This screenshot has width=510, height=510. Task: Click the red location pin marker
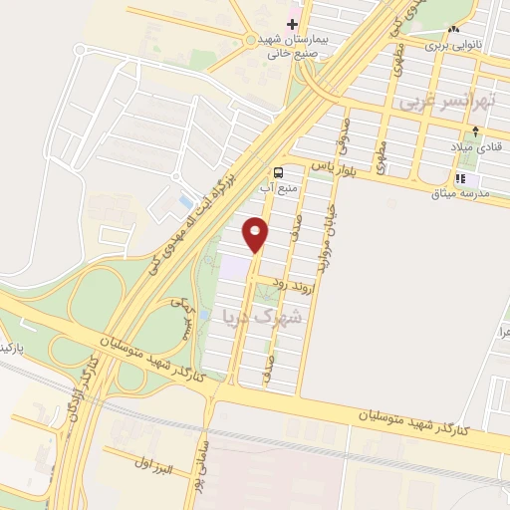(256, 233)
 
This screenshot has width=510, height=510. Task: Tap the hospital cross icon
(292, 23)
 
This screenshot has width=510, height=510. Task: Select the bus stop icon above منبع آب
(279, 170)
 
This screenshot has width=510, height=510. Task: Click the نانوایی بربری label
(453, 45)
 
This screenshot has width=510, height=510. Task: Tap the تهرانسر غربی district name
(433, 103)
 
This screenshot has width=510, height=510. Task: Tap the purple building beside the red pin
(233, 266)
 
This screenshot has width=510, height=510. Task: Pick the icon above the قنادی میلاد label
(476, 131)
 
